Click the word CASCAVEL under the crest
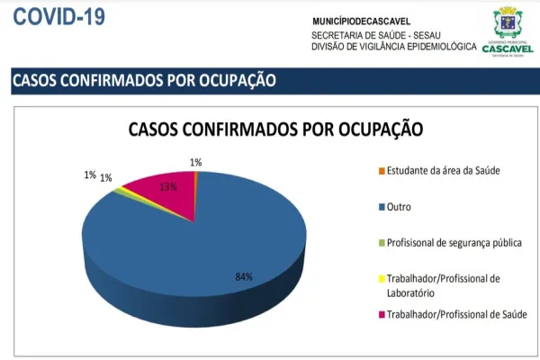pos(507,49)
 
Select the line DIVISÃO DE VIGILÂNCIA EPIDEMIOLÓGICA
pos(394,46)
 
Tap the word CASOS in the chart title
pos(157,129)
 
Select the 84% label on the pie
pos(244,276)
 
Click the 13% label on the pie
pos(167,188)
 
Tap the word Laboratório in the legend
pos(411,292)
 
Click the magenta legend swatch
pos(382,314)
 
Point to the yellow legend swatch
pos(382,279)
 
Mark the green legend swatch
pos(382,243)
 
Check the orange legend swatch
pos(382,171)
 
